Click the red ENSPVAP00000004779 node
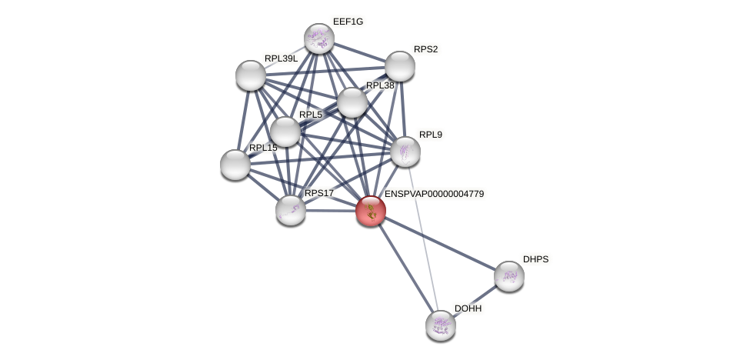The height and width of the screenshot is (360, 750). pos(371,211)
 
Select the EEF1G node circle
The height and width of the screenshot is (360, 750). pos(318,38)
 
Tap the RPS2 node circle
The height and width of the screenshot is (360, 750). pos(400,66)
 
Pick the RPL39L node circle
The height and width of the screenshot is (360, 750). pos(251,75)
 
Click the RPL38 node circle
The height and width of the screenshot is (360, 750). pos(352,102)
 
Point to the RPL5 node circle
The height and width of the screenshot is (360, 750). pos(285,132)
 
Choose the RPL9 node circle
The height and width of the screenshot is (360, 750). pos(405,152)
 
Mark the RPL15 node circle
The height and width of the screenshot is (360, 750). pos(235,165)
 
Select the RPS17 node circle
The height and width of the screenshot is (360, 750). pos(291,210)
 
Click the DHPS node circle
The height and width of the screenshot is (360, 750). pos(509,276)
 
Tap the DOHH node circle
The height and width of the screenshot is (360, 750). pos(441,325)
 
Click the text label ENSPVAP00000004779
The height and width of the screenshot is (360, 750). pos(434,194)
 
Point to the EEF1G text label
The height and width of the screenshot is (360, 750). pos(348,22)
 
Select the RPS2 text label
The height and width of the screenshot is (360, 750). pos(425,49)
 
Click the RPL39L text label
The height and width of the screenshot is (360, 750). pos(281,58)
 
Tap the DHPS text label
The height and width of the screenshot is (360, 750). pos(535,259)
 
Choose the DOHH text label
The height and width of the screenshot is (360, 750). pos(468,308)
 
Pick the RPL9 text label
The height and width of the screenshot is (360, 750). pos(431,135)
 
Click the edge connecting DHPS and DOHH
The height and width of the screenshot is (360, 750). pos(475,300)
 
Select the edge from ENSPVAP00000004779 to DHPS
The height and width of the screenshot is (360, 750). pos(440,243)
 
